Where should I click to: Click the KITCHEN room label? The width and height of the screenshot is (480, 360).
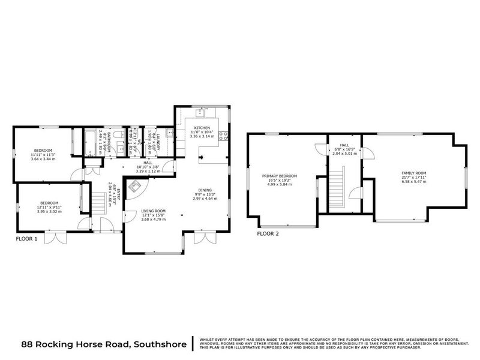[x=201, y=128]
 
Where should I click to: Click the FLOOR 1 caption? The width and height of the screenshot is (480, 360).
[x=26, y=238]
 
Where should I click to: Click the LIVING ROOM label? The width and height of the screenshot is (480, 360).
[x=153, y=211]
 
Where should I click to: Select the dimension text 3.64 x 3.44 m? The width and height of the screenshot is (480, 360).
[x=43, y=159]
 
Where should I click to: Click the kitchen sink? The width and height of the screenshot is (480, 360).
[x=202, y=112]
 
